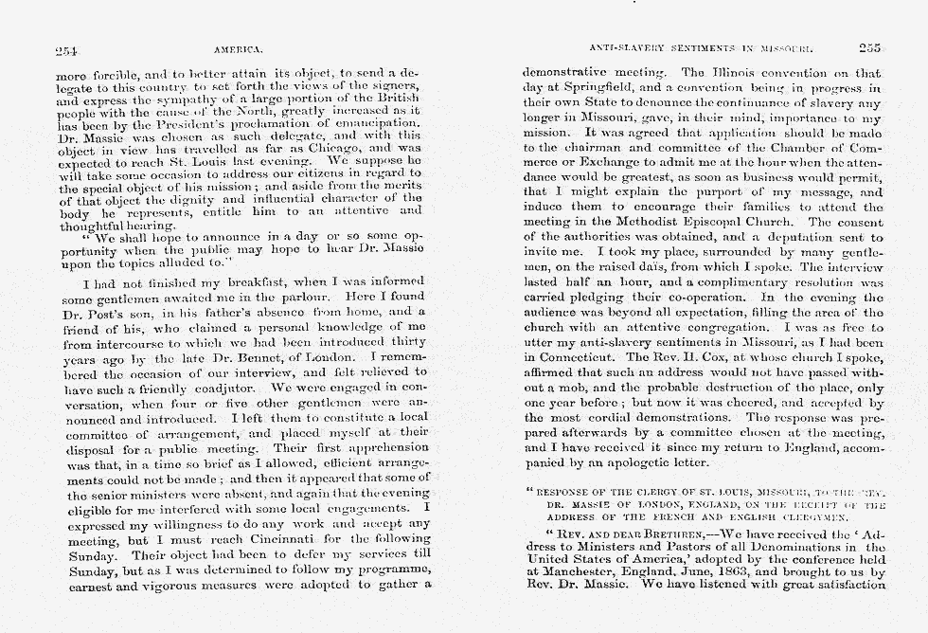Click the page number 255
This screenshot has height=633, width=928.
(x=869, y=47)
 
